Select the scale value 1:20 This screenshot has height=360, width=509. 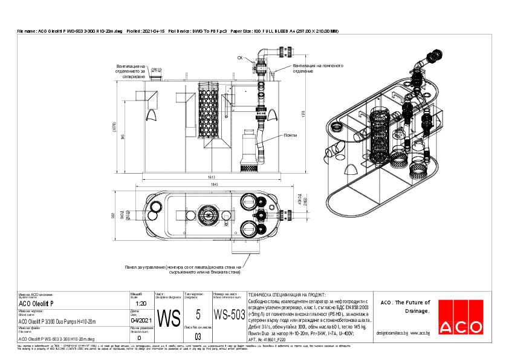(x=141, y=304)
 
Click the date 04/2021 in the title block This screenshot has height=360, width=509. (x=141, y=321)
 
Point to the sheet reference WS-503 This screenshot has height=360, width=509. (x=230, y=315)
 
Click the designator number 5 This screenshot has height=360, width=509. (x=198, y=314)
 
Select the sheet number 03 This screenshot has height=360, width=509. (x=198, y=336)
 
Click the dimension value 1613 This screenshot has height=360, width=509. (x=212, y=178)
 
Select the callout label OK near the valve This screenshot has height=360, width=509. (x=240, y=58)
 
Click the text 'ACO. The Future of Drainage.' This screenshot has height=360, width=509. (x=404, y=306)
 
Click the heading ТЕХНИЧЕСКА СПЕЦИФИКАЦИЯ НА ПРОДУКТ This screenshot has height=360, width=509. (x=287, y=292)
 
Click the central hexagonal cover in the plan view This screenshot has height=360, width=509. (x=210, y=215)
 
